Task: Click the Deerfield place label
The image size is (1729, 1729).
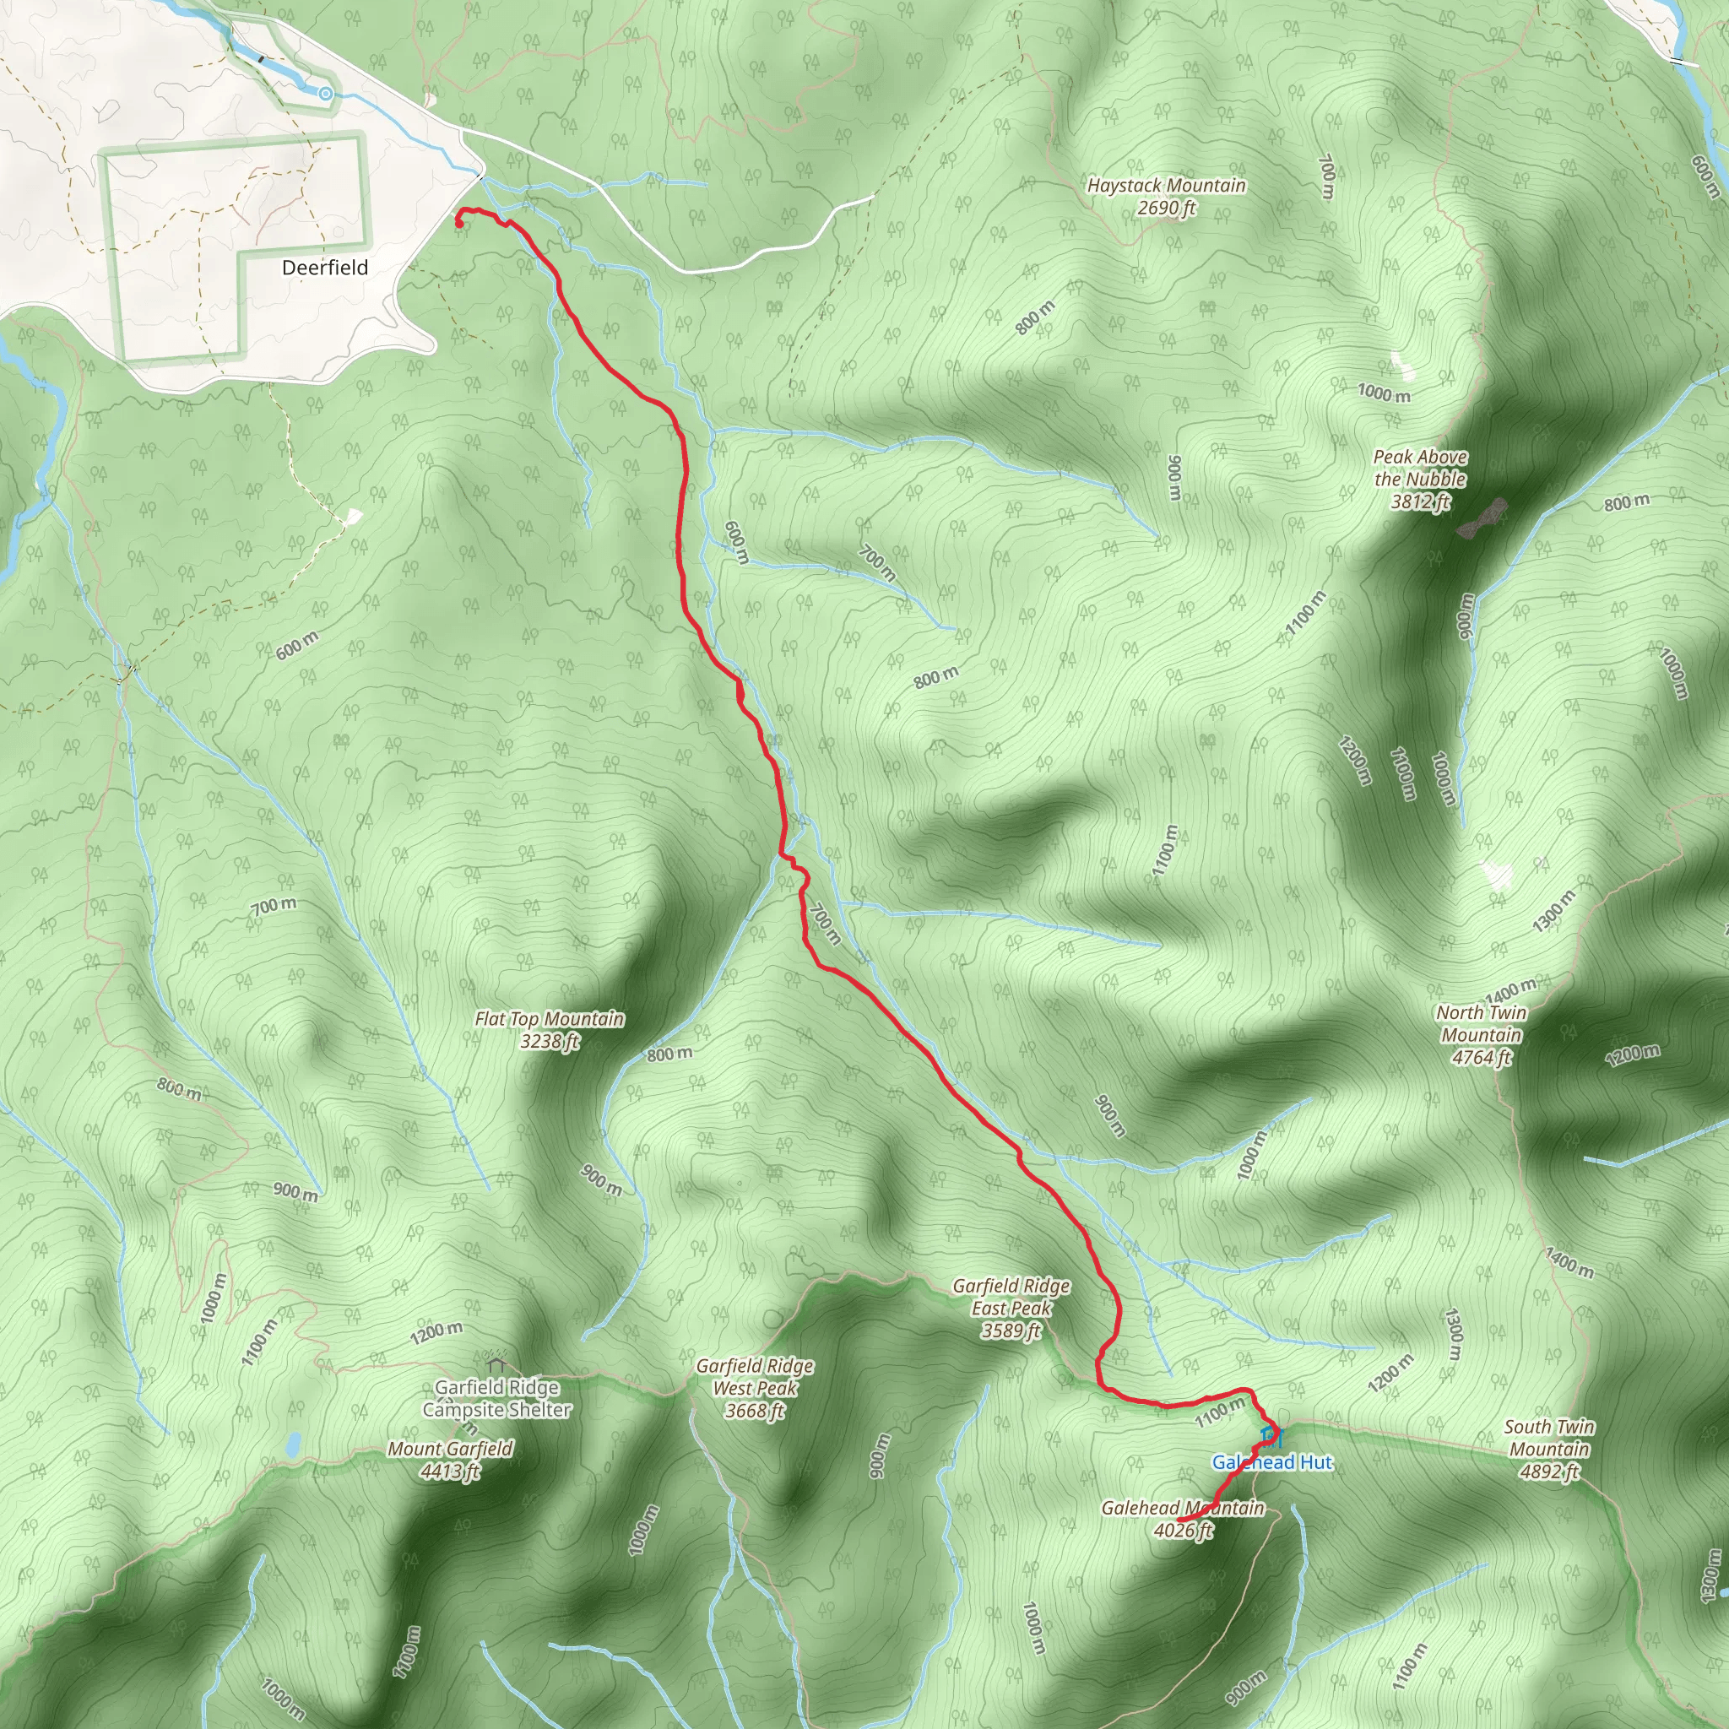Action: click(x=325, y=268)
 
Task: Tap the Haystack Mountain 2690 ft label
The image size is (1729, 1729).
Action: click(x=1166, y=197)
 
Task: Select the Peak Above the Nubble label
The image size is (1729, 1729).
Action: click(x=1420, y=479)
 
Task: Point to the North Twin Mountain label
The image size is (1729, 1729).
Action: click(x=1481, y=1034)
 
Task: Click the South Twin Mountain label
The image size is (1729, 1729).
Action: click(x=1549, y=1449)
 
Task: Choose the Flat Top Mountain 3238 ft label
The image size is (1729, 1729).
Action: click(x=550, y=1029)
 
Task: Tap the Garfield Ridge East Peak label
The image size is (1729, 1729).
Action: click(x=1011, y=1308)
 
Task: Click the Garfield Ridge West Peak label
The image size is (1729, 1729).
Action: click(x=756, y=1388)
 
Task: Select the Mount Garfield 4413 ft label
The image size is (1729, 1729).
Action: click(x=450, y=1460)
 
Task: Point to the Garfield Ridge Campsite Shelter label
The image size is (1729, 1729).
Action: click(x=496, y=1399)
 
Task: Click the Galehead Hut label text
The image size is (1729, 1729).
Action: click(x=1271, y=1462)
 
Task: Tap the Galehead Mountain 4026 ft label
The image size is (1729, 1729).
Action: click(x=1182, y=1519)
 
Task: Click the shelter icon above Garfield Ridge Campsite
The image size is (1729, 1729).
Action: click(x=496, y=1366)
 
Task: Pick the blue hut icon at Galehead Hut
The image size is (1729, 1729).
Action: click(x=1271, y=1437)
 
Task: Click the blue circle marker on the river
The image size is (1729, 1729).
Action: click(x=326, y=94)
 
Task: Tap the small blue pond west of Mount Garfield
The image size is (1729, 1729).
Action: click(x=293, y=1444)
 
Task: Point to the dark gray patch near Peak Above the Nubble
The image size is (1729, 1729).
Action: click(x=1481, y=519)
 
